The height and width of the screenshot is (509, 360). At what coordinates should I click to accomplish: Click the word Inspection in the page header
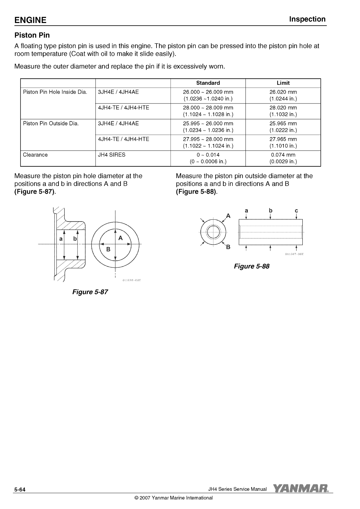[307, 19]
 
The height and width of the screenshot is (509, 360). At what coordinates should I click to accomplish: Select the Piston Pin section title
[32, 35]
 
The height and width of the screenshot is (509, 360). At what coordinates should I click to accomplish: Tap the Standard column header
[208, 83]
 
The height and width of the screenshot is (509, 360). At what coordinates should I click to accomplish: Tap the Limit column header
[283, 83]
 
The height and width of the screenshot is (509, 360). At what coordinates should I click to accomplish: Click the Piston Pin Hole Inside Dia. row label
[55, 92]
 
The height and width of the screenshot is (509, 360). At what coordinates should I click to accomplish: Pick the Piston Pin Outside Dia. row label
[51, 123]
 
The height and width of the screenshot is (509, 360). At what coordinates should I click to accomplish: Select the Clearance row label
[35, 155]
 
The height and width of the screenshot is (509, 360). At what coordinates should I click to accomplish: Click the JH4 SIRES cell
[112, 155]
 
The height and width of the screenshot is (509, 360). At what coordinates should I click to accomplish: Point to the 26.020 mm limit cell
[283, 92]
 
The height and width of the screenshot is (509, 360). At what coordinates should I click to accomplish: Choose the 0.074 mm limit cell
[283, 155]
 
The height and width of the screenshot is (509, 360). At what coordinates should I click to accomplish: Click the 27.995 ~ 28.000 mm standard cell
[208, 139]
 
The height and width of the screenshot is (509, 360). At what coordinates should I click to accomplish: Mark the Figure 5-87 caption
[90, 292]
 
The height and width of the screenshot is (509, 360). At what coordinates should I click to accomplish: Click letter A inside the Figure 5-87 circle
[121, 238]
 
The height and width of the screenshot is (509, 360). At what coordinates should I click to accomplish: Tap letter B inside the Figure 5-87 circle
[108, 249]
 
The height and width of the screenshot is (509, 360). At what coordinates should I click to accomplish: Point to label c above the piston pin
[296, 211]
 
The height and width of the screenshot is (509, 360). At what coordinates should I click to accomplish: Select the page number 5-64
[19, 490]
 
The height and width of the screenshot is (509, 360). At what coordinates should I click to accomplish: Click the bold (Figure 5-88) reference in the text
[197, 192]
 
